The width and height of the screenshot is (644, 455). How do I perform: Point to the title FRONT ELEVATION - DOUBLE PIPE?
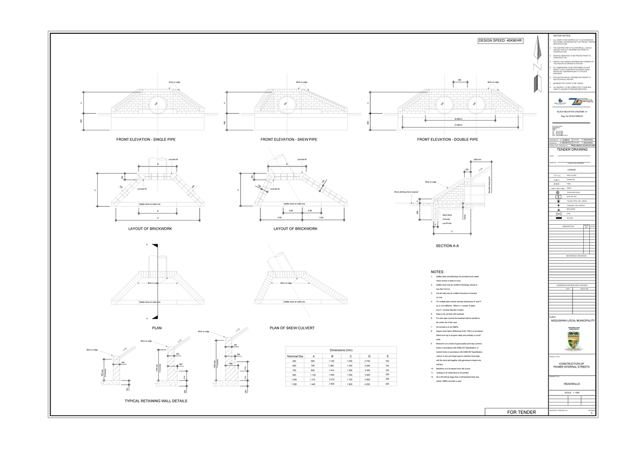[x=447, y=140]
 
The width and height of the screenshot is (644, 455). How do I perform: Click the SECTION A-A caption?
[x=447, y=246]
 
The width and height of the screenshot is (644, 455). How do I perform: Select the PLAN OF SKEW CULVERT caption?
[x=292, y=327]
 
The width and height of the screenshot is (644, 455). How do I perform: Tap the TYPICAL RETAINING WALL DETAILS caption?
[x=156, y=401]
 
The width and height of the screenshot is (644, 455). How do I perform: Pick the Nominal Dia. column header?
[x=295, y=356]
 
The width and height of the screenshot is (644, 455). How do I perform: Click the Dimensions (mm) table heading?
[x=340, y=349]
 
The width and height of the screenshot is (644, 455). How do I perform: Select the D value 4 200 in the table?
[x=368, y=384]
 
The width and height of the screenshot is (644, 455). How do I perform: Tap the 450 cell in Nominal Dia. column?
[x=295, y=361]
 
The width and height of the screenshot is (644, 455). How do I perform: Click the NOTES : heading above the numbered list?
[x=437, y=271]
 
